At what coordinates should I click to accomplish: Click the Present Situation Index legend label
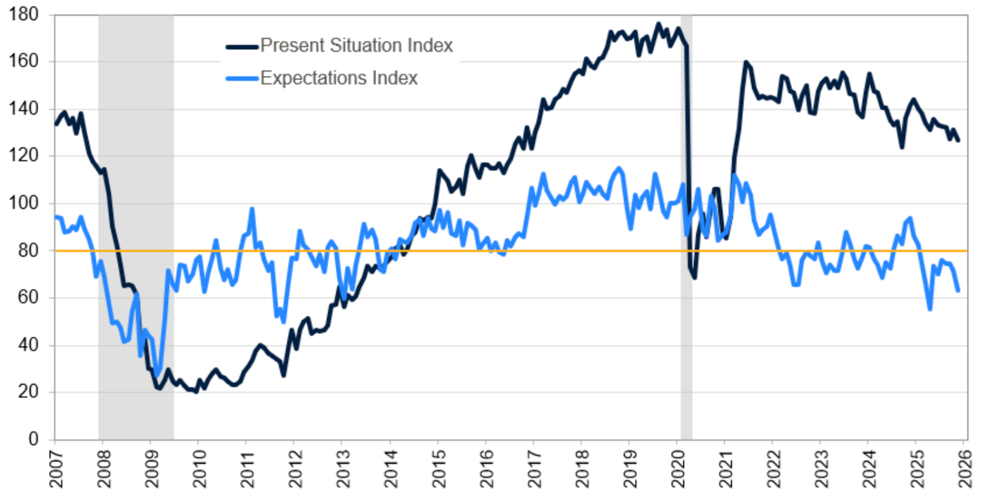[x=356, y=45]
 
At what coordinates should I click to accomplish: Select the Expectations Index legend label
[x=338, y=78]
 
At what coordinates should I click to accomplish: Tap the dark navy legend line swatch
[x=242, y=46]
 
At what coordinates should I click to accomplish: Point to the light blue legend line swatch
[x=242, y=79]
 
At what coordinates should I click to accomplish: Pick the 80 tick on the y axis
[x=28, y=250]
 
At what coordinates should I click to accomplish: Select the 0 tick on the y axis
[x=33, y=439]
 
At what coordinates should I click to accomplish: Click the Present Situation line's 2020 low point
[x=694, y=278]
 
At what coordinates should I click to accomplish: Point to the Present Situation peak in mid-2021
[x=746, y=62]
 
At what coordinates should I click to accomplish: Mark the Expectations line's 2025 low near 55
[x=930, y=309]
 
